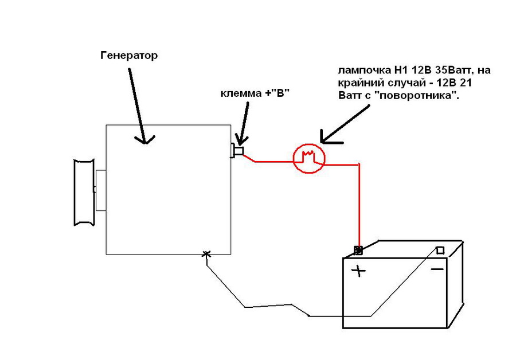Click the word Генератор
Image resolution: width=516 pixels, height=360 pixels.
pos(128,56)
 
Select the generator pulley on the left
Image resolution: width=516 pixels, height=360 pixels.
pos(83,192)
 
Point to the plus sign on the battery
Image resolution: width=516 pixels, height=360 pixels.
pos(359,271)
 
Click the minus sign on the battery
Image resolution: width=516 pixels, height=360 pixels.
pos(437,268)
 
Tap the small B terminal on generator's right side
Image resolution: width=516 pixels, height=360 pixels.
pos(237,151)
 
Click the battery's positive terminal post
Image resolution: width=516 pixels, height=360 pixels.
pos(358,250)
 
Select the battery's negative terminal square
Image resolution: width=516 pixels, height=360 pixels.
pos(440,250)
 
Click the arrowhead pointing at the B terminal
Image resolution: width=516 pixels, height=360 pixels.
pos(240,139)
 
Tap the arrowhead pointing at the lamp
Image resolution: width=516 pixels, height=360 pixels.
pos(327,138)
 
